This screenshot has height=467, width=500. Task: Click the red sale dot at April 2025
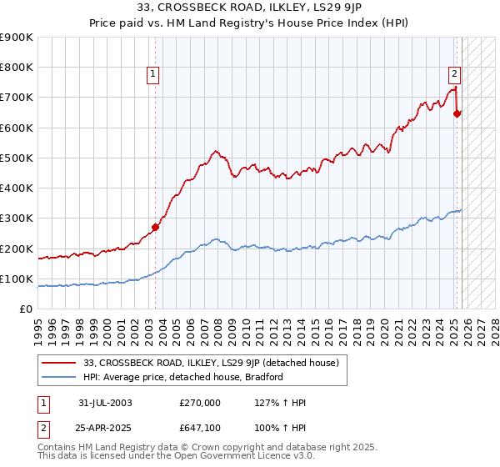click(457, 113)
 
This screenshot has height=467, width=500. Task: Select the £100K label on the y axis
click(17, 279)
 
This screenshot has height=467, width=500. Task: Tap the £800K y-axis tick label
click(17, 68)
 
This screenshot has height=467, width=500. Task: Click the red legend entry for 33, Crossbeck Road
click(211, 363)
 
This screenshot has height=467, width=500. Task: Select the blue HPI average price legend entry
click(183, 377)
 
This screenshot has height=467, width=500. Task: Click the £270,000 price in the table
click(199, 402)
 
